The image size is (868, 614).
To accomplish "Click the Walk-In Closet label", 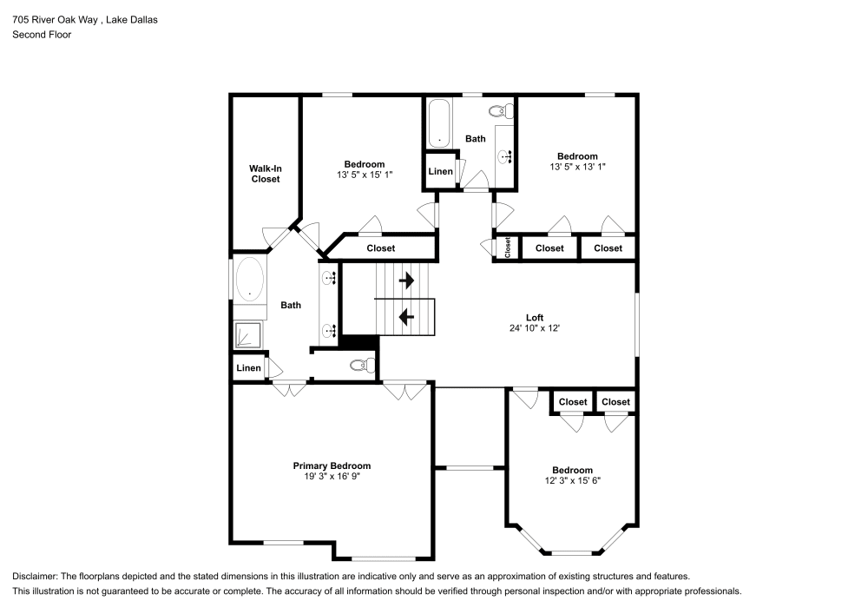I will click(x=266, y=173).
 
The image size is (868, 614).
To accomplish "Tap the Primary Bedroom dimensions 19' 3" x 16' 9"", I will click(x=332, y=476).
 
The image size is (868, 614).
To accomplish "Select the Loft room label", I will click(x=535, y=317).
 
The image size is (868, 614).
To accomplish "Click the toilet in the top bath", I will click(x=500, y=111).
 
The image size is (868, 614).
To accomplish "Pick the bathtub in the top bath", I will click(x=440, y=122).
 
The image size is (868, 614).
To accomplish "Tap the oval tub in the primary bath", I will click(x=249, y=278).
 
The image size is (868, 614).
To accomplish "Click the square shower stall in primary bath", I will click(x=248, y=335).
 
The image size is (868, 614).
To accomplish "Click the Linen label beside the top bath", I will click(x=441, y=171).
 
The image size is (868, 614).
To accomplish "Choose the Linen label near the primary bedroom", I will click(x=248, y=368).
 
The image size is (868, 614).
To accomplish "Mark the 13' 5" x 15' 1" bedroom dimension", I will click(x=365, y=175).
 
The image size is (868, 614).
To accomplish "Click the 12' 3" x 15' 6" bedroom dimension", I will click(x=572, y=479).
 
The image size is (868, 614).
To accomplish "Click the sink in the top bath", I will click(x=504, y=156).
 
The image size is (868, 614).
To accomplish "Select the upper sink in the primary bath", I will click(x=330, y=278).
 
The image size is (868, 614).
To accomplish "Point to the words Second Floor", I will click(x=42, y=35).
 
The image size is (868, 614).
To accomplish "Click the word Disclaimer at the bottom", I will click(x=34, y=577).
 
